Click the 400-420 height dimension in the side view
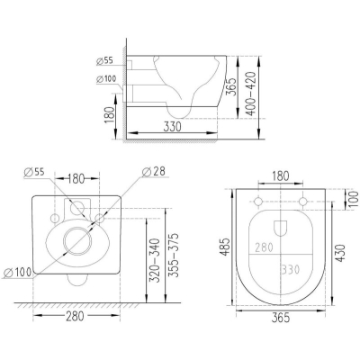[x=250, y=94]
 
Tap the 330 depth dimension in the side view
[x=173, y=127]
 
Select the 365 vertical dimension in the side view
[x=230, y=86]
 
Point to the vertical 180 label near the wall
[x=109, y=115]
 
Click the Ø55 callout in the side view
[x=104, y=61]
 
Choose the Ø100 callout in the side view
[x=106, y=79]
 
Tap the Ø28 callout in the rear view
[x=153, y=172]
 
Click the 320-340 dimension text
[x=155, y=260]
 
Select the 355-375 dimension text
[x=173, y=255]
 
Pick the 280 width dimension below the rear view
[x=75, y=316]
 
